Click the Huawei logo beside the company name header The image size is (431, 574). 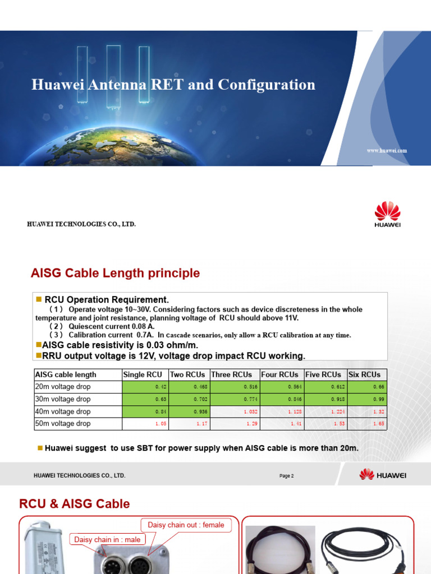[387, 215]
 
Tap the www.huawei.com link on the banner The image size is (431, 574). [387, 150]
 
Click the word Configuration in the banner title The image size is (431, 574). [267, 85]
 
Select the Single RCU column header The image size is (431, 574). [143, 374]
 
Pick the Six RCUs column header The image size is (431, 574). [364, 374]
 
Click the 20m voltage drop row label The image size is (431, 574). [63, 387]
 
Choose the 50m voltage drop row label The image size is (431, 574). [63, 424]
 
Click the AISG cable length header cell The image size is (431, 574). [66, 374]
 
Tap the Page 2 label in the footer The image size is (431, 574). [286, 476]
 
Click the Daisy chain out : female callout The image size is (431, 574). [186, 525]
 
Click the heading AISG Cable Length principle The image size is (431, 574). [115, 274]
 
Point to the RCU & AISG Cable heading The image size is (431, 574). [75, 504]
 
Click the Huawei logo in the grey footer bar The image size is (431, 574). [383, 475]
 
